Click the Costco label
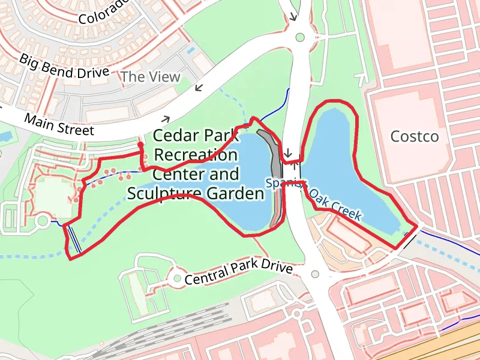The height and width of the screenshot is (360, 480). coord(415,137)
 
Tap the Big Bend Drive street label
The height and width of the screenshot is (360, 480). coord(64,67)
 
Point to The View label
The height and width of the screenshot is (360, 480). coord(150,77)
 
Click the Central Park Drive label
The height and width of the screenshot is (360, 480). coord(238,272)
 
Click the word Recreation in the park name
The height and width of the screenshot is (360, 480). coord(196,155)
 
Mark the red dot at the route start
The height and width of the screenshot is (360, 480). coord(140,145)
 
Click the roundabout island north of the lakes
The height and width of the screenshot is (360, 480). coord(300,38)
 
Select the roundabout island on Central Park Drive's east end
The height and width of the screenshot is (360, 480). coord(316,274)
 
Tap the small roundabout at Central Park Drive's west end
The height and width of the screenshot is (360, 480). coord(177,278)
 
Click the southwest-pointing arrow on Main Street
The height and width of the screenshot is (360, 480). coord(199,89)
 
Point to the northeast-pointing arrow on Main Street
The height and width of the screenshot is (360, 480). coord(166,120)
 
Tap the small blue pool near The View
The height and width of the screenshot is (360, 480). coord(191,50)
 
